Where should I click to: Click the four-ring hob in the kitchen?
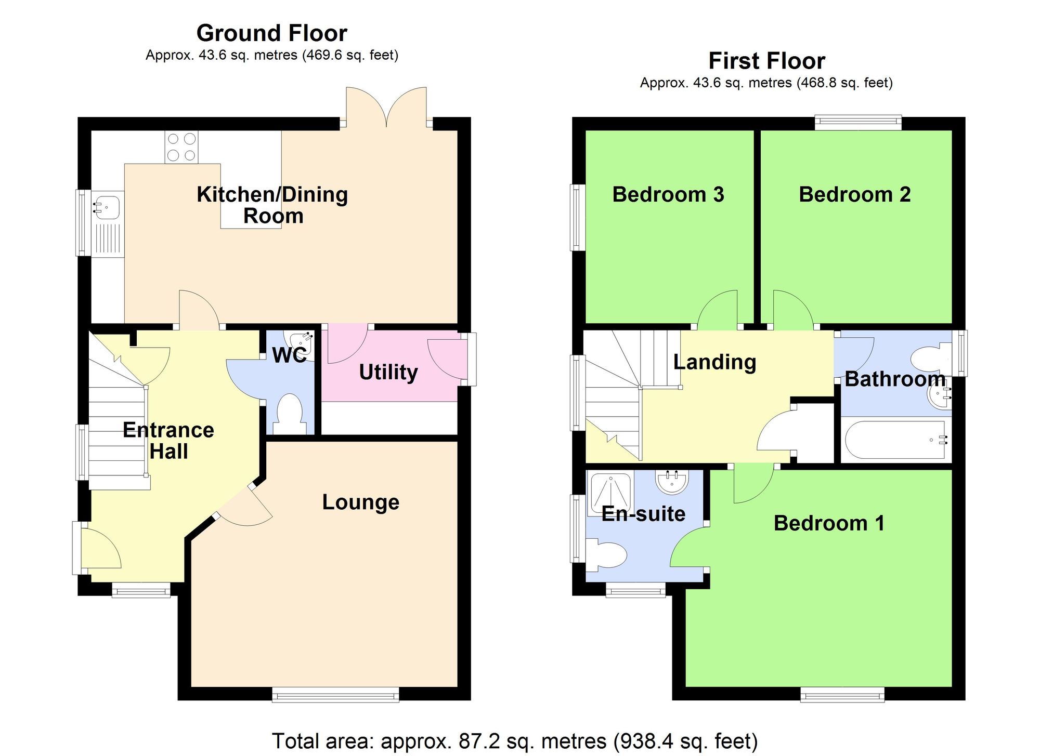[x=181, y=147]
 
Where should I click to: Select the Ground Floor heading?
[x=271, y=33]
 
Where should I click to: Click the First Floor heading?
[x=766, y=61]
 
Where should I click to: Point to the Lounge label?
[x=360, y=502]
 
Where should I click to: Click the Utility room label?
[x=388, y=372]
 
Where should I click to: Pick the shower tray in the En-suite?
[x=609, y=494]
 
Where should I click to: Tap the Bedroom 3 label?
[x=668, y=194]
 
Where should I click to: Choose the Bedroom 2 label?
[x=854, y=194]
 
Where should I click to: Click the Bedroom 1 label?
[x=829, y=523]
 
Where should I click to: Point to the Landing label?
[x=714, y=362]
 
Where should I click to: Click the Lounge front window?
[x=335, y=695]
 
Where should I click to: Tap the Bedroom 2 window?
[x=858, y=123]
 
